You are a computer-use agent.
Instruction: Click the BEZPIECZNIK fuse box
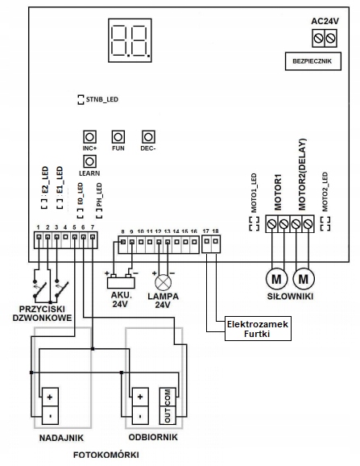[x=313, y=61]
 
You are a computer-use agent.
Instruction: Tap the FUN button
[x=118, y=137]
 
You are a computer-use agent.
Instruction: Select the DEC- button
[x=148, y=137]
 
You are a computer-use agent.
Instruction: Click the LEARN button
[x=89, y=162]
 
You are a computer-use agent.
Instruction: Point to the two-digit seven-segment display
[x=130, y=40]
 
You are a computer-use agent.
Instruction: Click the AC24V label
[x=325, y=22]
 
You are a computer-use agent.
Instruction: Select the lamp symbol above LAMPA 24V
[x=163, y=282]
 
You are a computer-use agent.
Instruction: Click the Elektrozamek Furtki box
[x=258, y=328]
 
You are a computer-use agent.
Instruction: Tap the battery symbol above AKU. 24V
[x=121, y=281]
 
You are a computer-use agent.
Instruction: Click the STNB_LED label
[x=102, y=99]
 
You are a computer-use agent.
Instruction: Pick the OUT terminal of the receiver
[x=168, y=415]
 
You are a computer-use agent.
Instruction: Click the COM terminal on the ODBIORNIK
[x=168, y=397]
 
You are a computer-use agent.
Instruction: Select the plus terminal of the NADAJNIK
[x=50, y=397]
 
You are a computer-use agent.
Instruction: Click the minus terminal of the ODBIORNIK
[x=140, y=415]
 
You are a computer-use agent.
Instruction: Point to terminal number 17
[x=206, y=241]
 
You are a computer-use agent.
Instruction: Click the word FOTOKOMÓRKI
[x=106, y=455]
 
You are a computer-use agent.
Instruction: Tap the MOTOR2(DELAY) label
[x=302, y=175]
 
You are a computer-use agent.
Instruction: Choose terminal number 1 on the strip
[x=39, y=237]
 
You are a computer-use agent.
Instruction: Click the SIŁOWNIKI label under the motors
[x=290, y=297]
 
